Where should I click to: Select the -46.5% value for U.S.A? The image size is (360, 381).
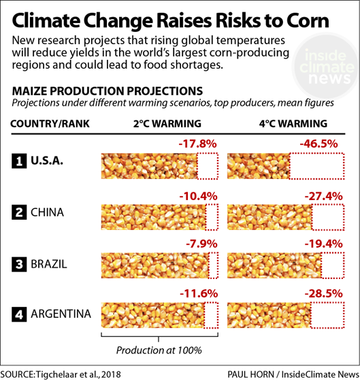click(x=320, y=145)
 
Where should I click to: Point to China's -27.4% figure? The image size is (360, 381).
click(x=320, y=196)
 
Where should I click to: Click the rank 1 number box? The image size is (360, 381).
click(x=20, y=162)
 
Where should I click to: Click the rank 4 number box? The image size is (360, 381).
click(x=20, y=314)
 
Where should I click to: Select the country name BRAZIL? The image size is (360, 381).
click(x=49, y=264)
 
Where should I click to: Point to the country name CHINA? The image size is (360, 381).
click(x=47, y=213)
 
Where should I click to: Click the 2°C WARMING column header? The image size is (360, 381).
click(x=167, y=124)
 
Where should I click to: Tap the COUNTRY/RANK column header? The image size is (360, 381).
click(x=47, y=124)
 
